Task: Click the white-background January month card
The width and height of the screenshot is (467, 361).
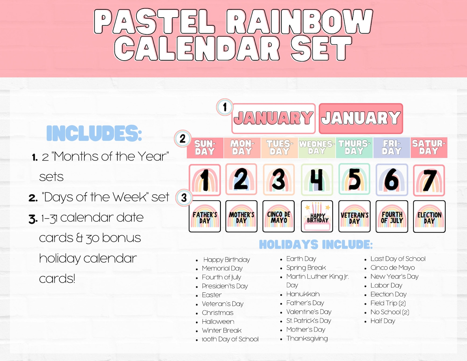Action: (273, 118)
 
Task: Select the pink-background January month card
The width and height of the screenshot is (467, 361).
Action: (361, 118)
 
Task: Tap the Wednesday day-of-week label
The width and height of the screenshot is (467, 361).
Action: (317, 147)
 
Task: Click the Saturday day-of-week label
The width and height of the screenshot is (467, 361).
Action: (429, 147)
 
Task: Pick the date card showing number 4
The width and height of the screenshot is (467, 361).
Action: (317, 179)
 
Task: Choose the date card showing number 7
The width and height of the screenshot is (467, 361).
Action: (429, 180)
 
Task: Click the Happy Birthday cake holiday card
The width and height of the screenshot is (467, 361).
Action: (317, 217)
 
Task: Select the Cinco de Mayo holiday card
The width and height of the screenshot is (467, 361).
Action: (278, 217)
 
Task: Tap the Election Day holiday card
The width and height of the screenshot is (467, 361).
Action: (429, 217)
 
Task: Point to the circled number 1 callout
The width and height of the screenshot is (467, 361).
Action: (225, 107)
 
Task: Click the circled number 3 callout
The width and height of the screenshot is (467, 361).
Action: (184, 197)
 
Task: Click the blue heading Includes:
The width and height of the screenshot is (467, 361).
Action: (94, 133)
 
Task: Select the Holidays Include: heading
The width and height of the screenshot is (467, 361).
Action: (316, 244)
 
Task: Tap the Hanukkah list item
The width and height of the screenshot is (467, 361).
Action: (303, 294)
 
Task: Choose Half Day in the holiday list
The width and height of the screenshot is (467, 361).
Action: (383, 321)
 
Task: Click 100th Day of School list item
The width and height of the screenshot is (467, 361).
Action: (230, 339)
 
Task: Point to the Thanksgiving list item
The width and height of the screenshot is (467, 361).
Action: (307, 338)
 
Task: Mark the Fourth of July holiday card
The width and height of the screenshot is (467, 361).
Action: (392, 217)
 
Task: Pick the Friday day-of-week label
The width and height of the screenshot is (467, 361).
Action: (392, 147)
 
